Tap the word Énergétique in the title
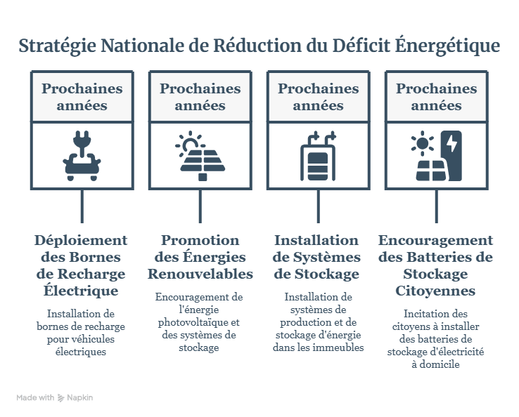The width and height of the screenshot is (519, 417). [447, 45]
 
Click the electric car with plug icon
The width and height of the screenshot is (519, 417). [82, 156]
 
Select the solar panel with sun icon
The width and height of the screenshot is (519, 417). [200, 156]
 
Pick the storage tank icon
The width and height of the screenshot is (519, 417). [318, 156]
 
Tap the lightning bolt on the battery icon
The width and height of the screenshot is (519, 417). [452, 143]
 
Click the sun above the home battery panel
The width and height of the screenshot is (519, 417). [423, 143]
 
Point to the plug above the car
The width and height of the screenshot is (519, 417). [82, 143]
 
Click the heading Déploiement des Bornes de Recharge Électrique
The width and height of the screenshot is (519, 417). [81, 265]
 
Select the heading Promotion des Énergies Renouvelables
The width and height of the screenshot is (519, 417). [200, 257]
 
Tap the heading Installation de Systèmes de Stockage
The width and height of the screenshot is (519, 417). [316, 257]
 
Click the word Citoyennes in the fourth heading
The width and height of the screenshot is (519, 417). [435, 291]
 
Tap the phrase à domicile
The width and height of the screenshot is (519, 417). [435, 364]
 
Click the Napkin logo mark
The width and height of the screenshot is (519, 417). [60, 398]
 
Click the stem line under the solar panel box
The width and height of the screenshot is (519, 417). [200, 206]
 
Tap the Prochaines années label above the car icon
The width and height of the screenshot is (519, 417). [82, 97]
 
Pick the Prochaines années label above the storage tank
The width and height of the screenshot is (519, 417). [319, 97]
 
